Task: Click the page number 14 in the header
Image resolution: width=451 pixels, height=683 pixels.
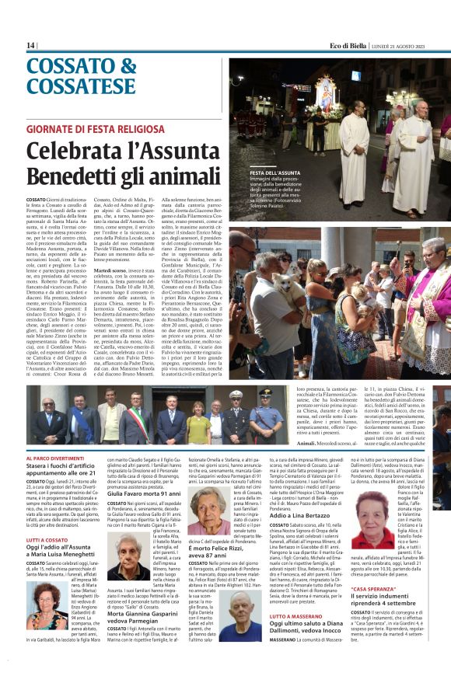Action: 30,46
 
